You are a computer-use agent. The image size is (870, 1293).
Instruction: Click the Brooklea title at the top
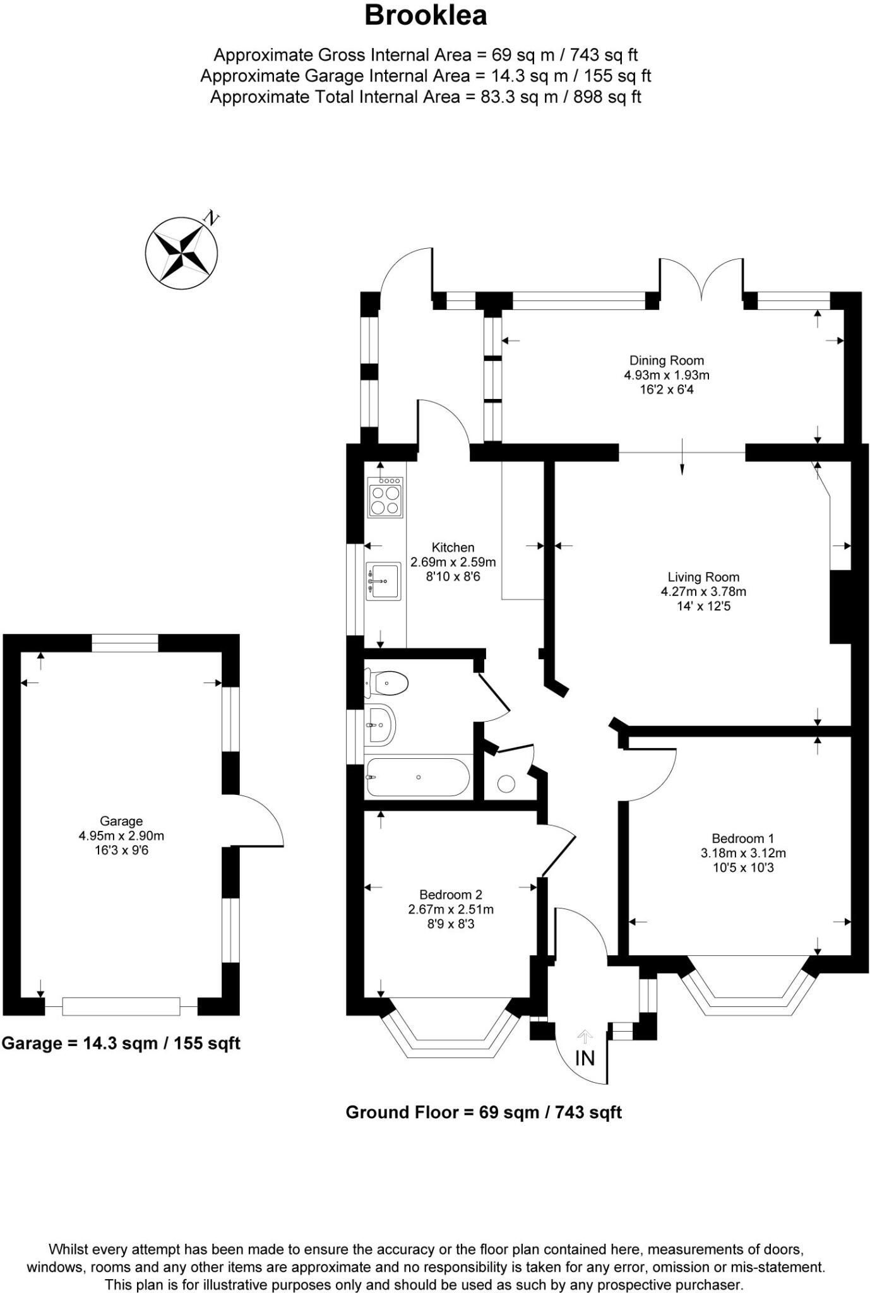pyautogui.click(x=426, y=16)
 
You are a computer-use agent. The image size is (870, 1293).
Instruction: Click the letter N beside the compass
pyautogui.click(x=211, y=218)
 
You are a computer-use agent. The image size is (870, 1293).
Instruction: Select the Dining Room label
pyautogui.click(x=666, y=360)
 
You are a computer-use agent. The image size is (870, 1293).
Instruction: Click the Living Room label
pyautogui.click(x=703, y=576)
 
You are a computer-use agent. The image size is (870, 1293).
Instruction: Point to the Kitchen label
pyautogui.click(x=453, y=547)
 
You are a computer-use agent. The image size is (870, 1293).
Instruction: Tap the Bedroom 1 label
pyautogui.click(x=742, y=838)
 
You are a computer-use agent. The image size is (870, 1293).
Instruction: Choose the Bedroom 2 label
pyautogui.click(x=451, y=895)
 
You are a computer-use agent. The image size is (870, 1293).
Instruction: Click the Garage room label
pyautogui.click(x=121, y=821)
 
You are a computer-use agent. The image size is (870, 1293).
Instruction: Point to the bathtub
pyautogui.click(x=417, y=777)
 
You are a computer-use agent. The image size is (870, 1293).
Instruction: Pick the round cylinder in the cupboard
pyautogui.click(x=506, y=784)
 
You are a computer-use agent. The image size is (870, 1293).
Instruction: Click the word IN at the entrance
pyautogui.click(x=585, y=1058)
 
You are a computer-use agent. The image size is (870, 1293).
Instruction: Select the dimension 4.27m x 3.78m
pyautogui.click(x=703, y=592)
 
